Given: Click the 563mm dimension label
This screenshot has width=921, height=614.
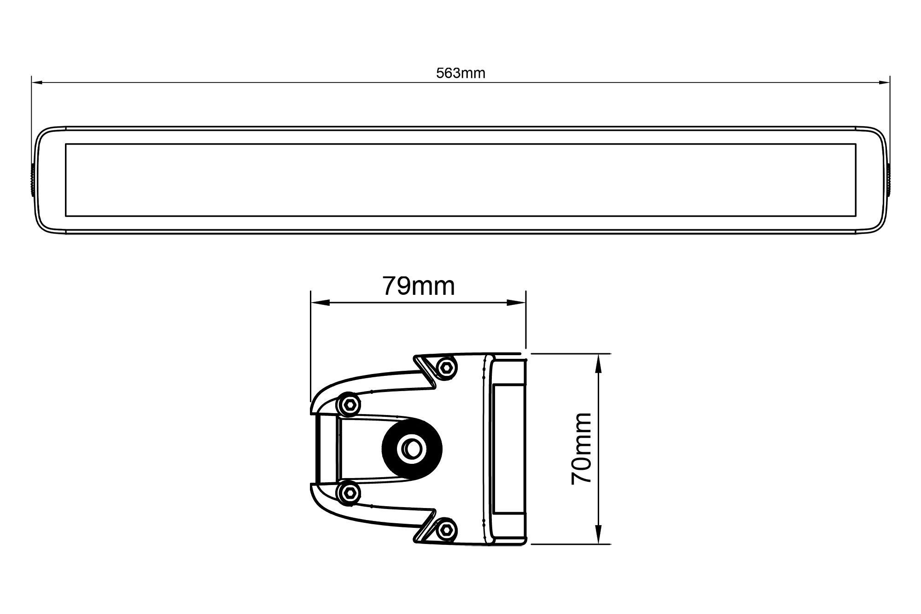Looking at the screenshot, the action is pos(460,73).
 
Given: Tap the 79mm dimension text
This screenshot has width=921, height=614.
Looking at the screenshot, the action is pos(419,286).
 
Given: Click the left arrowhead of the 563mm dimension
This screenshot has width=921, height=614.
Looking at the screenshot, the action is pos(37,83).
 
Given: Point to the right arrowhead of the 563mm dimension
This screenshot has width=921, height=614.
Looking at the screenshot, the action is pos(884,83).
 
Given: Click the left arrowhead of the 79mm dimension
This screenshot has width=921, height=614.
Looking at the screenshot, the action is pos(321,303).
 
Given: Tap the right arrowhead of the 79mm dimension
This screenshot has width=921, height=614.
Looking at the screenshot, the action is pos(516,303).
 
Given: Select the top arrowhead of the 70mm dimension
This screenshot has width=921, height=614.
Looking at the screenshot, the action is pos(599,363).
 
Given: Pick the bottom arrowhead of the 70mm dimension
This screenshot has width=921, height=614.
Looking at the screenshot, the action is pos(599,534).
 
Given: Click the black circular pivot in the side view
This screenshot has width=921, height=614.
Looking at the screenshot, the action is pos(413,447).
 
